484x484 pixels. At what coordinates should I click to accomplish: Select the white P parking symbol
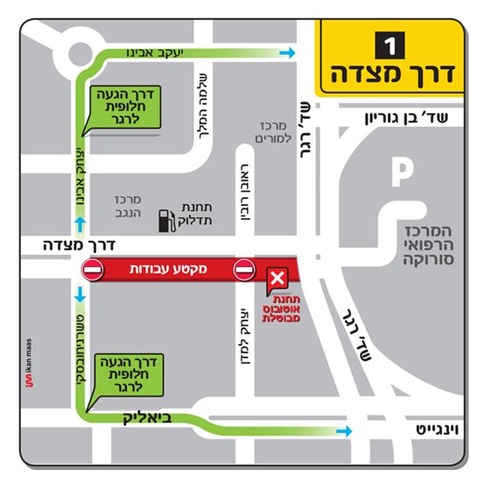pyautogui.click(x=402, y=172)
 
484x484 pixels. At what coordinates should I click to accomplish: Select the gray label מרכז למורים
pyautogui.click(x=273, y=133)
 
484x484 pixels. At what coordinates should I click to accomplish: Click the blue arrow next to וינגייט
pyautogui.click(x=347, y=431)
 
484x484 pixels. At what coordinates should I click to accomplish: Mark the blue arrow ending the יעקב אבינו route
pyautogui.click(x=286, y=54)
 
